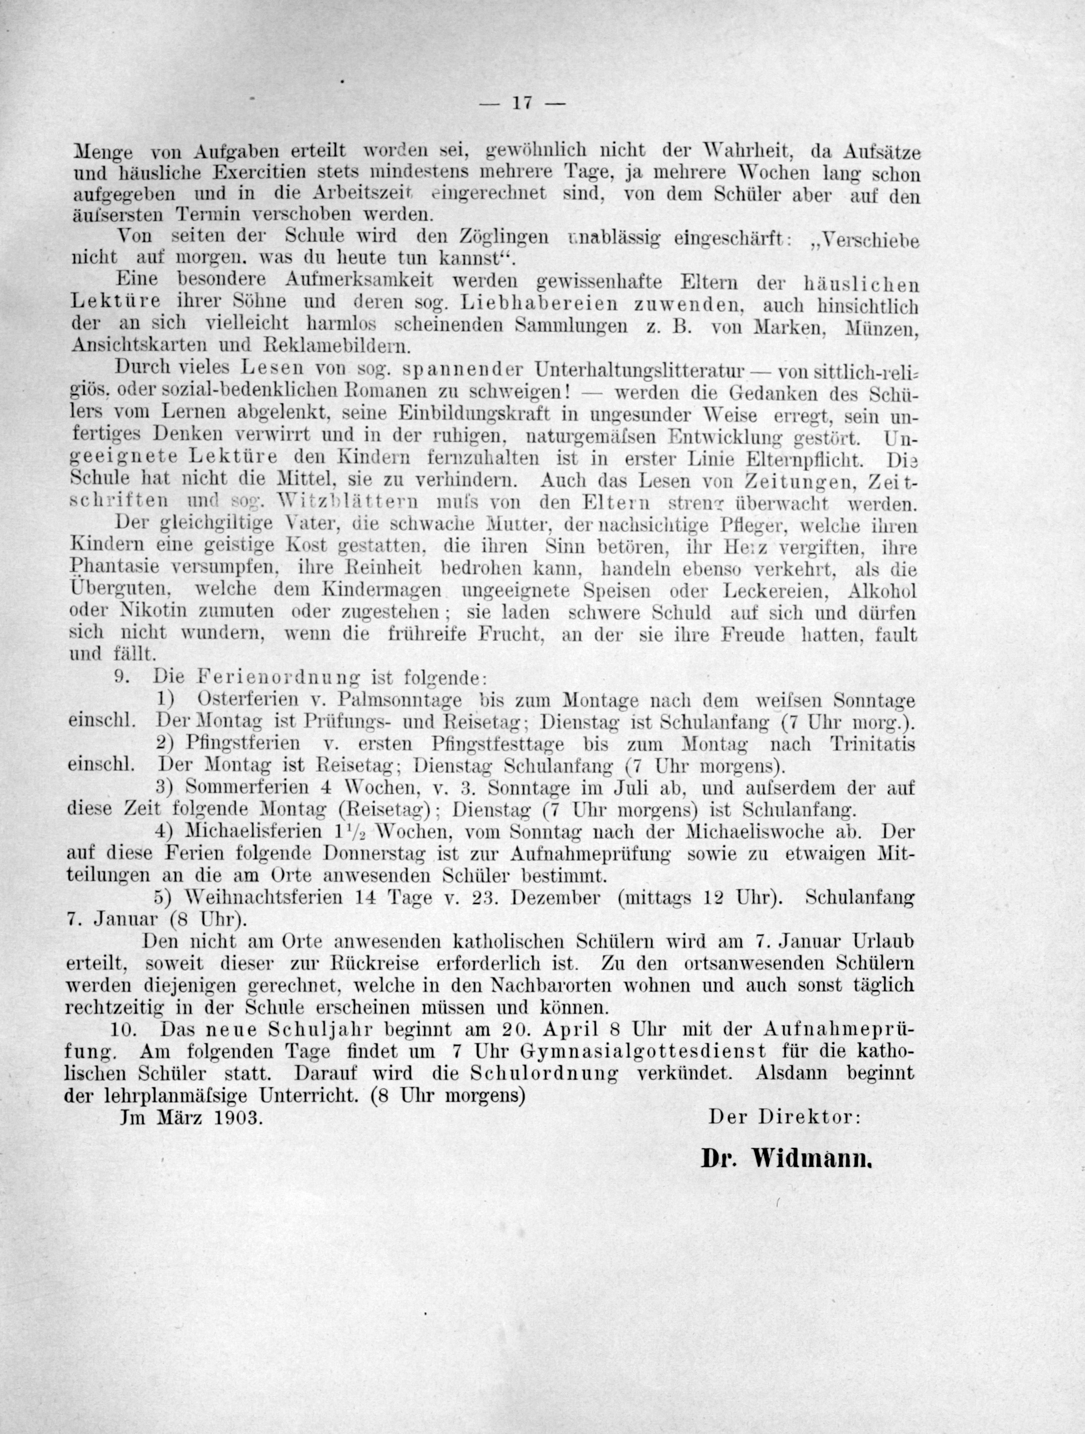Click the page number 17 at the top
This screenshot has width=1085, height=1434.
point(522,103)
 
